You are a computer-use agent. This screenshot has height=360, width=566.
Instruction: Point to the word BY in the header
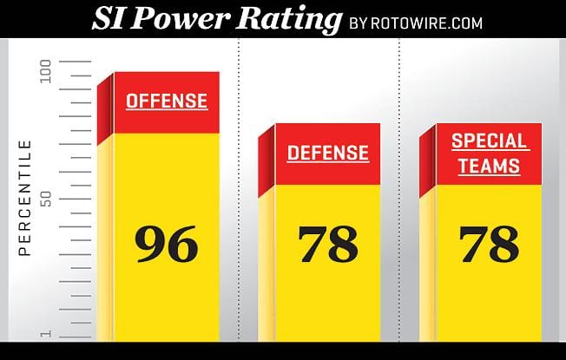(361, 23)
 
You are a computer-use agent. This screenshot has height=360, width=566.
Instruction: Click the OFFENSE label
(167, 100)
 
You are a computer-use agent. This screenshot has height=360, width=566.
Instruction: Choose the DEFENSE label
(328, 153)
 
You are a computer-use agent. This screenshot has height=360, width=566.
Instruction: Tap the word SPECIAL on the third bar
(490, 141)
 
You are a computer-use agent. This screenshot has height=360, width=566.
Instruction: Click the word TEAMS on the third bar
(490, 166)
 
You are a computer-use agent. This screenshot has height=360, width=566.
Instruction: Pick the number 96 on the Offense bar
(167, 244)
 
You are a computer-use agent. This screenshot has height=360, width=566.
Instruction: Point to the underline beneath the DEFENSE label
(328, 163)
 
